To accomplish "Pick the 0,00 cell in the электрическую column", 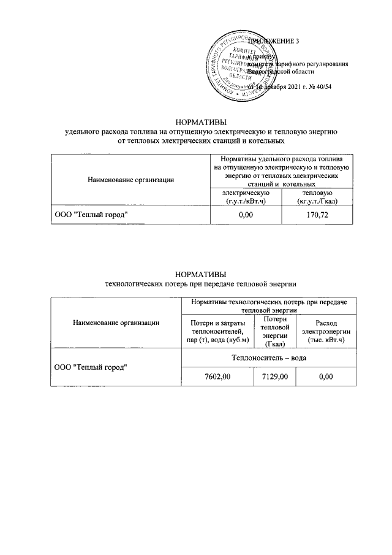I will (x=245, y=215).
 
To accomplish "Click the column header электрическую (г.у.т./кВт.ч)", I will (x=245, y=197).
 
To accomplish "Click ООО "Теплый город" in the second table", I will (x=92, y=367).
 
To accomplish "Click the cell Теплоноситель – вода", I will (x=268, y=357).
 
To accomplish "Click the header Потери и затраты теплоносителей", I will (x=217, y=331).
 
